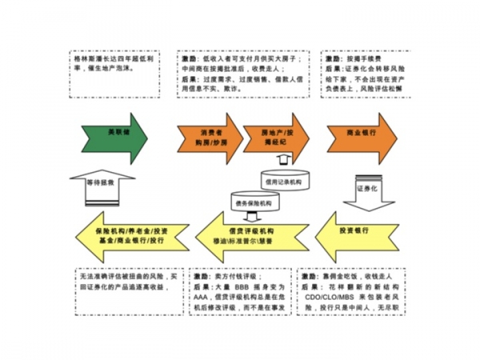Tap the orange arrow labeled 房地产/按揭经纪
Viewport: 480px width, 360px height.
tap(282, 136)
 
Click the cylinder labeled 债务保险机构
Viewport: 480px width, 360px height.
tap(253, 203)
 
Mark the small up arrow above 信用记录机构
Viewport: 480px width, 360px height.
tap(282, 160)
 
